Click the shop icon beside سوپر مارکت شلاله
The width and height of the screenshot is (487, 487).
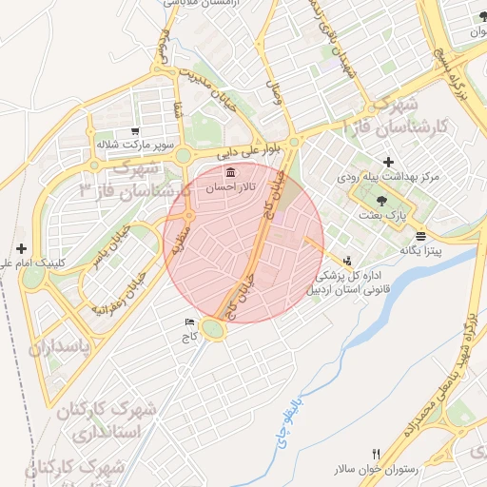(x=134, y=131)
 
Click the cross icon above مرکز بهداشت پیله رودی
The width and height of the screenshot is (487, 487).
(x=388, y=163)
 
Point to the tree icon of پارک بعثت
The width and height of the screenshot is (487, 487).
(x=381, y=201)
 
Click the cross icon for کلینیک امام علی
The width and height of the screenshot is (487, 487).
(x=21, y=247)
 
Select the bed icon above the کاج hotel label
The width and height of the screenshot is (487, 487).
(x=188, y=321)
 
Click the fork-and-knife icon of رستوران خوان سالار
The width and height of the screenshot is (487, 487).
(x=377, y=455)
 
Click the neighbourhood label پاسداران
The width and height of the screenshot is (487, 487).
(x=59, y=346)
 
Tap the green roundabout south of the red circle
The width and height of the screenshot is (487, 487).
(x=212, y=328)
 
